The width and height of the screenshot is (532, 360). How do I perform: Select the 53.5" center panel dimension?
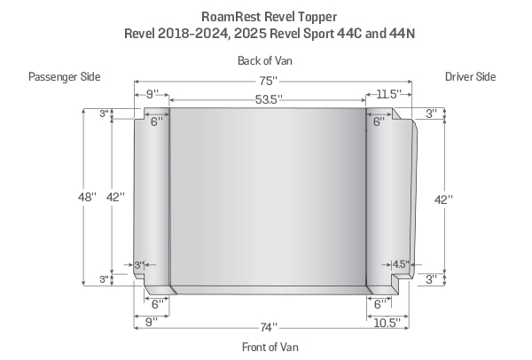click(x=267, y=99)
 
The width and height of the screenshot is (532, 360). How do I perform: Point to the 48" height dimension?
click(x=87, y=198)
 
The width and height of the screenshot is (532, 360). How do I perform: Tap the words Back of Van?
click(x=265, y=60)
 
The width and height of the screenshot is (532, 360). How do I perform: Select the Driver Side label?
click(x=470, y=77)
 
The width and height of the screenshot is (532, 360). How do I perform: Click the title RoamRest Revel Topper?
click(x=265, y=15)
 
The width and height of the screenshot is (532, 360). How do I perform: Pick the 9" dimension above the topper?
click(x=152, y=93)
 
